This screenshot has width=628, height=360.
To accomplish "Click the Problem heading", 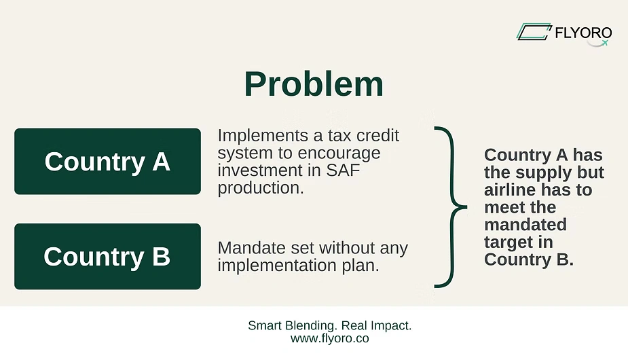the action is coord(314,84).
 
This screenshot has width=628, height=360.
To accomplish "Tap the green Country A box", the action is coord(107,161).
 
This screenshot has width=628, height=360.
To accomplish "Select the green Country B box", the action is coord(107,256).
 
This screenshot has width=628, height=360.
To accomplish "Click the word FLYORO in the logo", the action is coord(583,33).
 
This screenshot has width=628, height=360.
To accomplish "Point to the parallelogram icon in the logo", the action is coord(534,32).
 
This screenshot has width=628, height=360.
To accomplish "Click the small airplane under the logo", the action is coord(604,43).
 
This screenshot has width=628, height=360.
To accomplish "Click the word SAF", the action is coord(343,170).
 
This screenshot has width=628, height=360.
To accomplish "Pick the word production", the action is coord(261,188).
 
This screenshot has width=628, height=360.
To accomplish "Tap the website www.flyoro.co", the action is coord(330,338).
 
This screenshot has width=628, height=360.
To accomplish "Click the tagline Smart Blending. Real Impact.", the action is coord(330,325).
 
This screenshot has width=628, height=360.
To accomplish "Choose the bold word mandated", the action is coord(525,225).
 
